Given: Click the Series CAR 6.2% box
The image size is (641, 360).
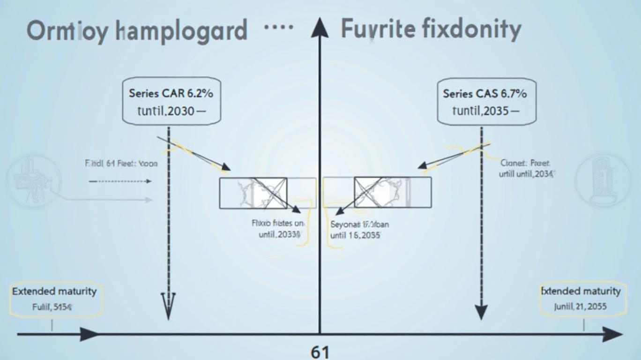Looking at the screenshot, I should [171, 102].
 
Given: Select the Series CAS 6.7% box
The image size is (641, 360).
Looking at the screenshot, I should [484, 102].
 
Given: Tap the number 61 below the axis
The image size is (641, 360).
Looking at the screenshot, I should [320, 352].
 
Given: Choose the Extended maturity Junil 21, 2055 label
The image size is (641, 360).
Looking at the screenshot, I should [581, 299].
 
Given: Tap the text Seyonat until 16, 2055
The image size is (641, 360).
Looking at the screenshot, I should [359, 230].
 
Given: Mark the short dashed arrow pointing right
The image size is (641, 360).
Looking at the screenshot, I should [120, 181].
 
